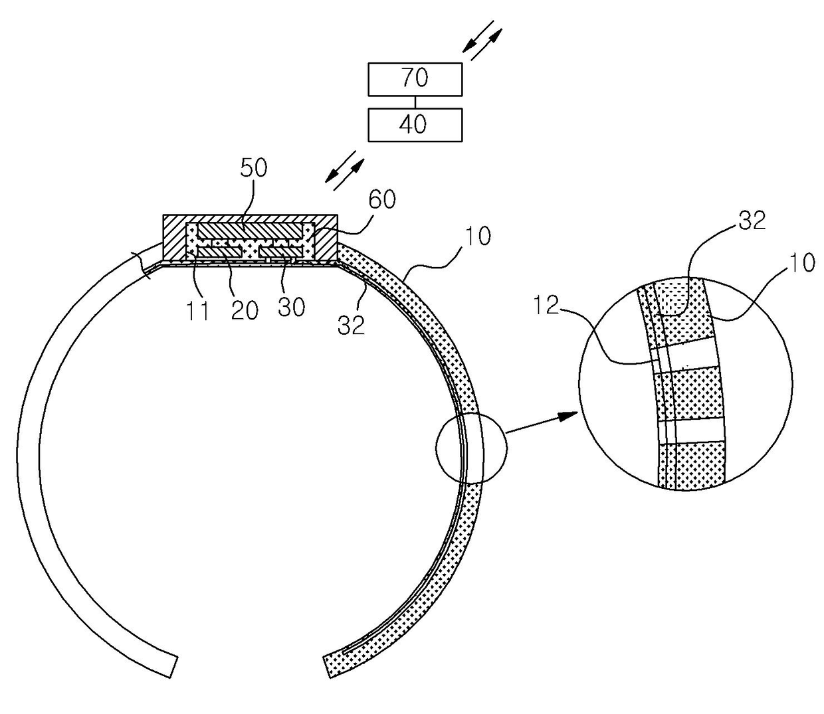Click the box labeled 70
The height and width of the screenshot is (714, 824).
click(415, 78)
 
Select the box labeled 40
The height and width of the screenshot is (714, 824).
click(415, 124)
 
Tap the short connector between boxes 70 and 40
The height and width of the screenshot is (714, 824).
click(415, 102)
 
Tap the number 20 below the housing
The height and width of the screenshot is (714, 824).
click(244, 310)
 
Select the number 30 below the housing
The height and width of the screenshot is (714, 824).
click(291, 307)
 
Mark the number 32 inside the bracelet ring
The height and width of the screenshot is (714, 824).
click(352, 324)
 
